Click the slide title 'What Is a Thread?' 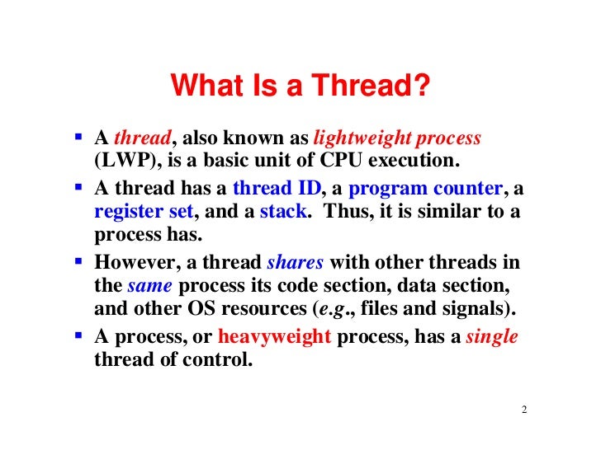300,86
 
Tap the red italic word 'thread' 142,138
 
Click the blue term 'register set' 144,211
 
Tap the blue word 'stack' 284,211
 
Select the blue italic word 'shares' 295,263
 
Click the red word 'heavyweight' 273,337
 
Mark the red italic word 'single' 492,337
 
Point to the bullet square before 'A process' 77,336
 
